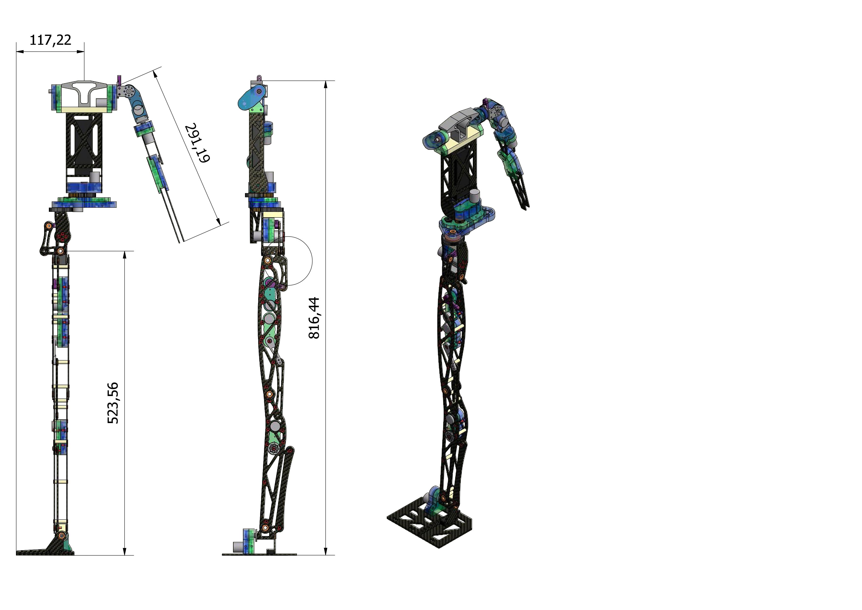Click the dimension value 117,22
pyautogui.click(x=50, y=39)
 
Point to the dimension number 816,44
pyautogui.click(x=314, y=318)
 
